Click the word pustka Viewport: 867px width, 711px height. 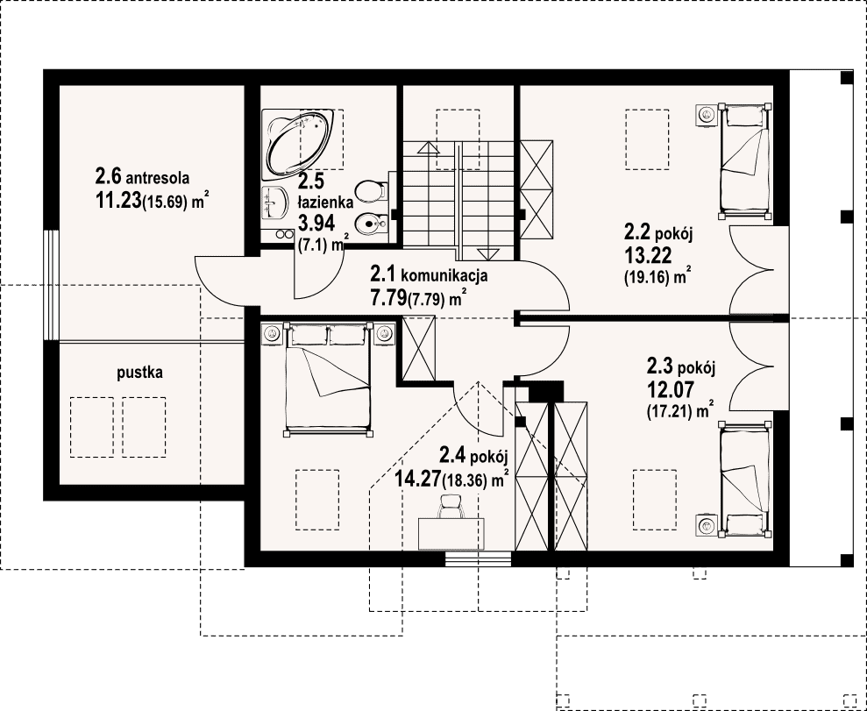pyautogui.click(x=140, y=373)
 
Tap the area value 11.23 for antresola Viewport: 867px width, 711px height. pyautogui.click(x=118, y=201)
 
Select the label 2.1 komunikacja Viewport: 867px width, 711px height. pyautogui.click(x=429, y=274)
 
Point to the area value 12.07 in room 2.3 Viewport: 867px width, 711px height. pyautogui.click(x=670, y=390)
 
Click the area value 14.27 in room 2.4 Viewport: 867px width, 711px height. pyautogui.click(x=418, y=478)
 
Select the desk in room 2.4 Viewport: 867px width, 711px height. pyautogui.click(x=451, y=534)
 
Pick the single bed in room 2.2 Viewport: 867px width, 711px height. pyautogui.click(x=744, y=160)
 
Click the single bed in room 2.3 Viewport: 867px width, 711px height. pyautogui.click(x=744, y=479)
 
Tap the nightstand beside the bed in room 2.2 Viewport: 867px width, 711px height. pyautogui.click(x=706, y=115)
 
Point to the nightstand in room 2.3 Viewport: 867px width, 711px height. pyautogui.click(x=706, y=524)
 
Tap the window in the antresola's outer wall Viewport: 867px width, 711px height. pyautogui.click(x=51, y=285)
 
